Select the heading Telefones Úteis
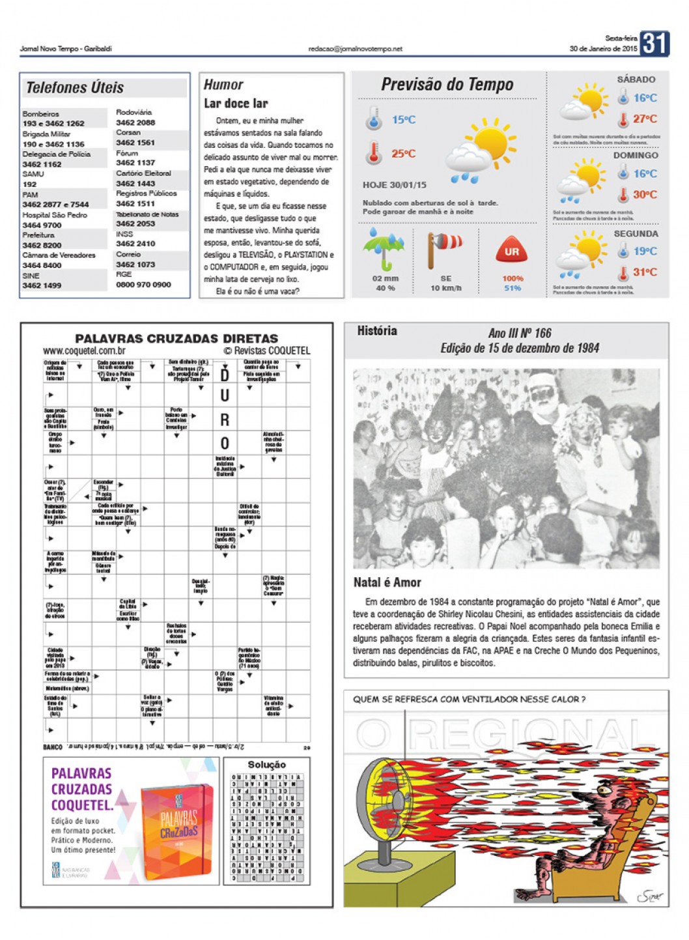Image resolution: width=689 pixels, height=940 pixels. (75, 88)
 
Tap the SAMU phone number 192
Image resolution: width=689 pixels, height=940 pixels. (30, 184)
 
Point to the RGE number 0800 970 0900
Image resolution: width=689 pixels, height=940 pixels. (143, 285)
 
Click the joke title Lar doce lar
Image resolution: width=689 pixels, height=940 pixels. (236, 104)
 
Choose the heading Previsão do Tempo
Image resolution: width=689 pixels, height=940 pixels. (447, 85)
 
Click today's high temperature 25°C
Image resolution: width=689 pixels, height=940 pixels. (403, 154)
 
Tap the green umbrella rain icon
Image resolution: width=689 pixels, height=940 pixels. (384, 251)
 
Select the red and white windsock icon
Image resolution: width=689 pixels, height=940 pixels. (444, 248)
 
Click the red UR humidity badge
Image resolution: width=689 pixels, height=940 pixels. (512, 251)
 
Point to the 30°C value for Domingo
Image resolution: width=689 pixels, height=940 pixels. (645, 195)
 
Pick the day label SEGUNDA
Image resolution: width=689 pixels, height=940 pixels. (636, 233)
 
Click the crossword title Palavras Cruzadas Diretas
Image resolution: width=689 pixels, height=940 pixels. (176, 338)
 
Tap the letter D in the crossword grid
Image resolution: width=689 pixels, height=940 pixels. (225, 375)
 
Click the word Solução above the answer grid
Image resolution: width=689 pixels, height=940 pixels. (266, 764)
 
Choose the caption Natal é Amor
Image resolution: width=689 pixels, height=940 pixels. (387, 582)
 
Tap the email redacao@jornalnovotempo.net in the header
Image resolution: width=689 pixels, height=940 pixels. (355, 49)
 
